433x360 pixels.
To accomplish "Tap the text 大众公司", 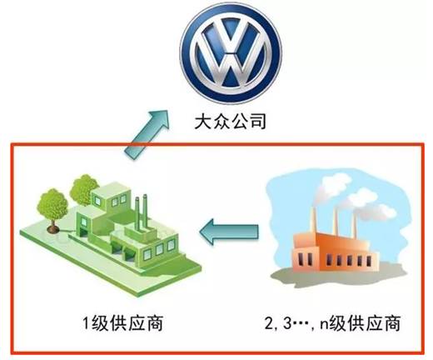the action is click(231, 122).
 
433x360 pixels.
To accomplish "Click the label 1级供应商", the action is click(123, 323).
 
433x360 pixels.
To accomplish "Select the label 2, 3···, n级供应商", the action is click(332, 323).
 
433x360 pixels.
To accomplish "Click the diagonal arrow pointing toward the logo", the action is click(147, 135).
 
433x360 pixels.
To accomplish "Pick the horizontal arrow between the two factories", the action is click(229, 232).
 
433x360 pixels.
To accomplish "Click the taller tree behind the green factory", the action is click(83, 189).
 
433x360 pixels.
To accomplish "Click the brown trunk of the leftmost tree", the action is click(53, 225).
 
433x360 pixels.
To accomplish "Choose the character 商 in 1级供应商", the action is click(155, 323).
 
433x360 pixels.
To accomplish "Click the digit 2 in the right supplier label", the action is click(269, 322).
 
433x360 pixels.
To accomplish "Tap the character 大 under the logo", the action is click(203, 122).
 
